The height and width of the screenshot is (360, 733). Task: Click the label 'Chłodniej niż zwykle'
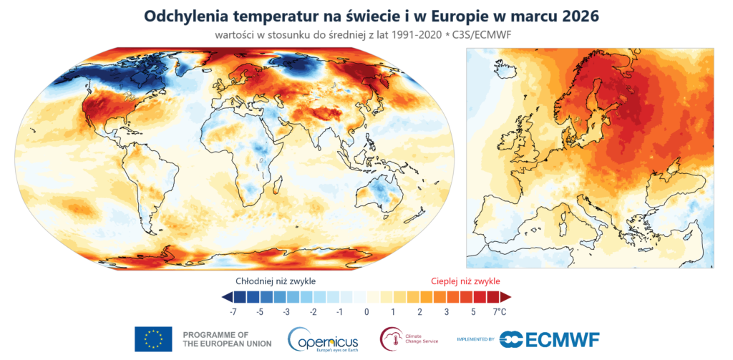(x=276, y=281)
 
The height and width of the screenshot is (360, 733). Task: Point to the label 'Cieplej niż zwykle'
(x=465, y=281)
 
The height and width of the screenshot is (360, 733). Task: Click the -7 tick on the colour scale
(x=233, y=312)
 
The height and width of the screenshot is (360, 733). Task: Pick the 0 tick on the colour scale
(x=366, y=312)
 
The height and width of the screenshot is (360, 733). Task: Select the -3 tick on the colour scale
(x=286, y=312)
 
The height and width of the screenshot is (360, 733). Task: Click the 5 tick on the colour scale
(x=473, y=312)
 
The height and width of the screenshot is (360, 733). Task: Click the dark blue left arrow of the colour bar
(x=227, y=296)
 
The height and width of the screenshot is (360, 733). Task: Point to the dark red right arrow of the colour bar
(x=505, y=296)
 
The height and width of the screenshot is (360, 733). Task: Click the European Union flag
(x=153, y=339)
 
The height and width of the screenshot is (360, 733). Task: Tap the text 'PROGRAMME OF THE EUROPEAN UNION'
(x=227, y=339)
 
